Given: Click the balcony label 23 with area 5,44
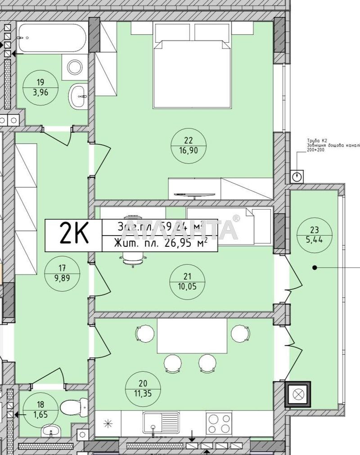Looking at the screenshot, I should (x=315, y=234).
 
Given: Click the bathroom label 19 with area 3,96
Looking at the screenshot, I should (x=40, y=89).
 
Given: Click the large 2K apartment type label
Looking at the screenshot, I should (x=73, y=235).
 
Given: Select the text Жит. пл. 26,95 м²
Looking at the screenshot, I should (x=160, y=243).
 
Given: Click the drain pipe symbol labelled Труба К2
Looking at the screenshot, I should (x=297, y=177).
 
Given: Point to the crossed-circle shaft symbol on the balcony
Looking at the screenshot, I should (x=297, y=395).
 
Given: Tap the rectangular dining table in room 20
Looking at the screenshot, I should (x=192, y=336).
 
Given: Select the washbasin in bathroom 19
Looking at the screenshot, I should (x=79, y=95).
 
